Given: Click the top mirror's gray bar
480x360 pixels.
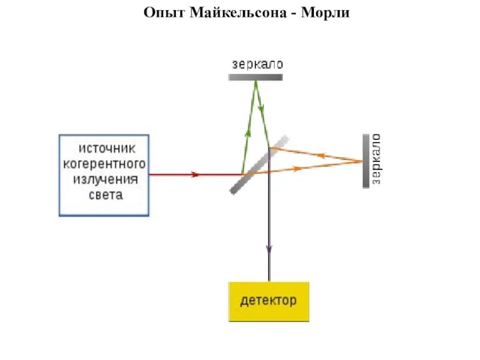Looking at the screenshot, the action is point(255,77).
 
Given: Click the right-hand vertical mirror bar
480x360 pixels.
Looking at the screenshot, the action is point(365,161).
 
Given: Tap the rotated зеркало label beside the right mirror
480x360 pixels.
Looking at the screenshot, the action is point(377,160).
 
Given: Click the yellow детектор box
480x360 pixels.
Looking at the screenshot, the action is point(269,301).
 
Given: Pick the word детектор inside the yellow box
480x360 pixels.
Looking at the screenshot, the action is point(269,300).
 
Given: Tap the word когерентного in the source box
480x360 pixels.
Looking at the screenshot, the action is point(104,163).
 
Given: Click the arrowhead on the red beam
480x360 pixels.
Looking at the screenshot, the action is point(194,175).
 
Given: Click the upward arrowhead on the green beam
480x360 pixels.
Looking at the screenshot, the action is point(247,134).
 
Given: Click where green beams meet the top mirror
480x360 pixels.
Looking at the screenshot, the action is point(255,81).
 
